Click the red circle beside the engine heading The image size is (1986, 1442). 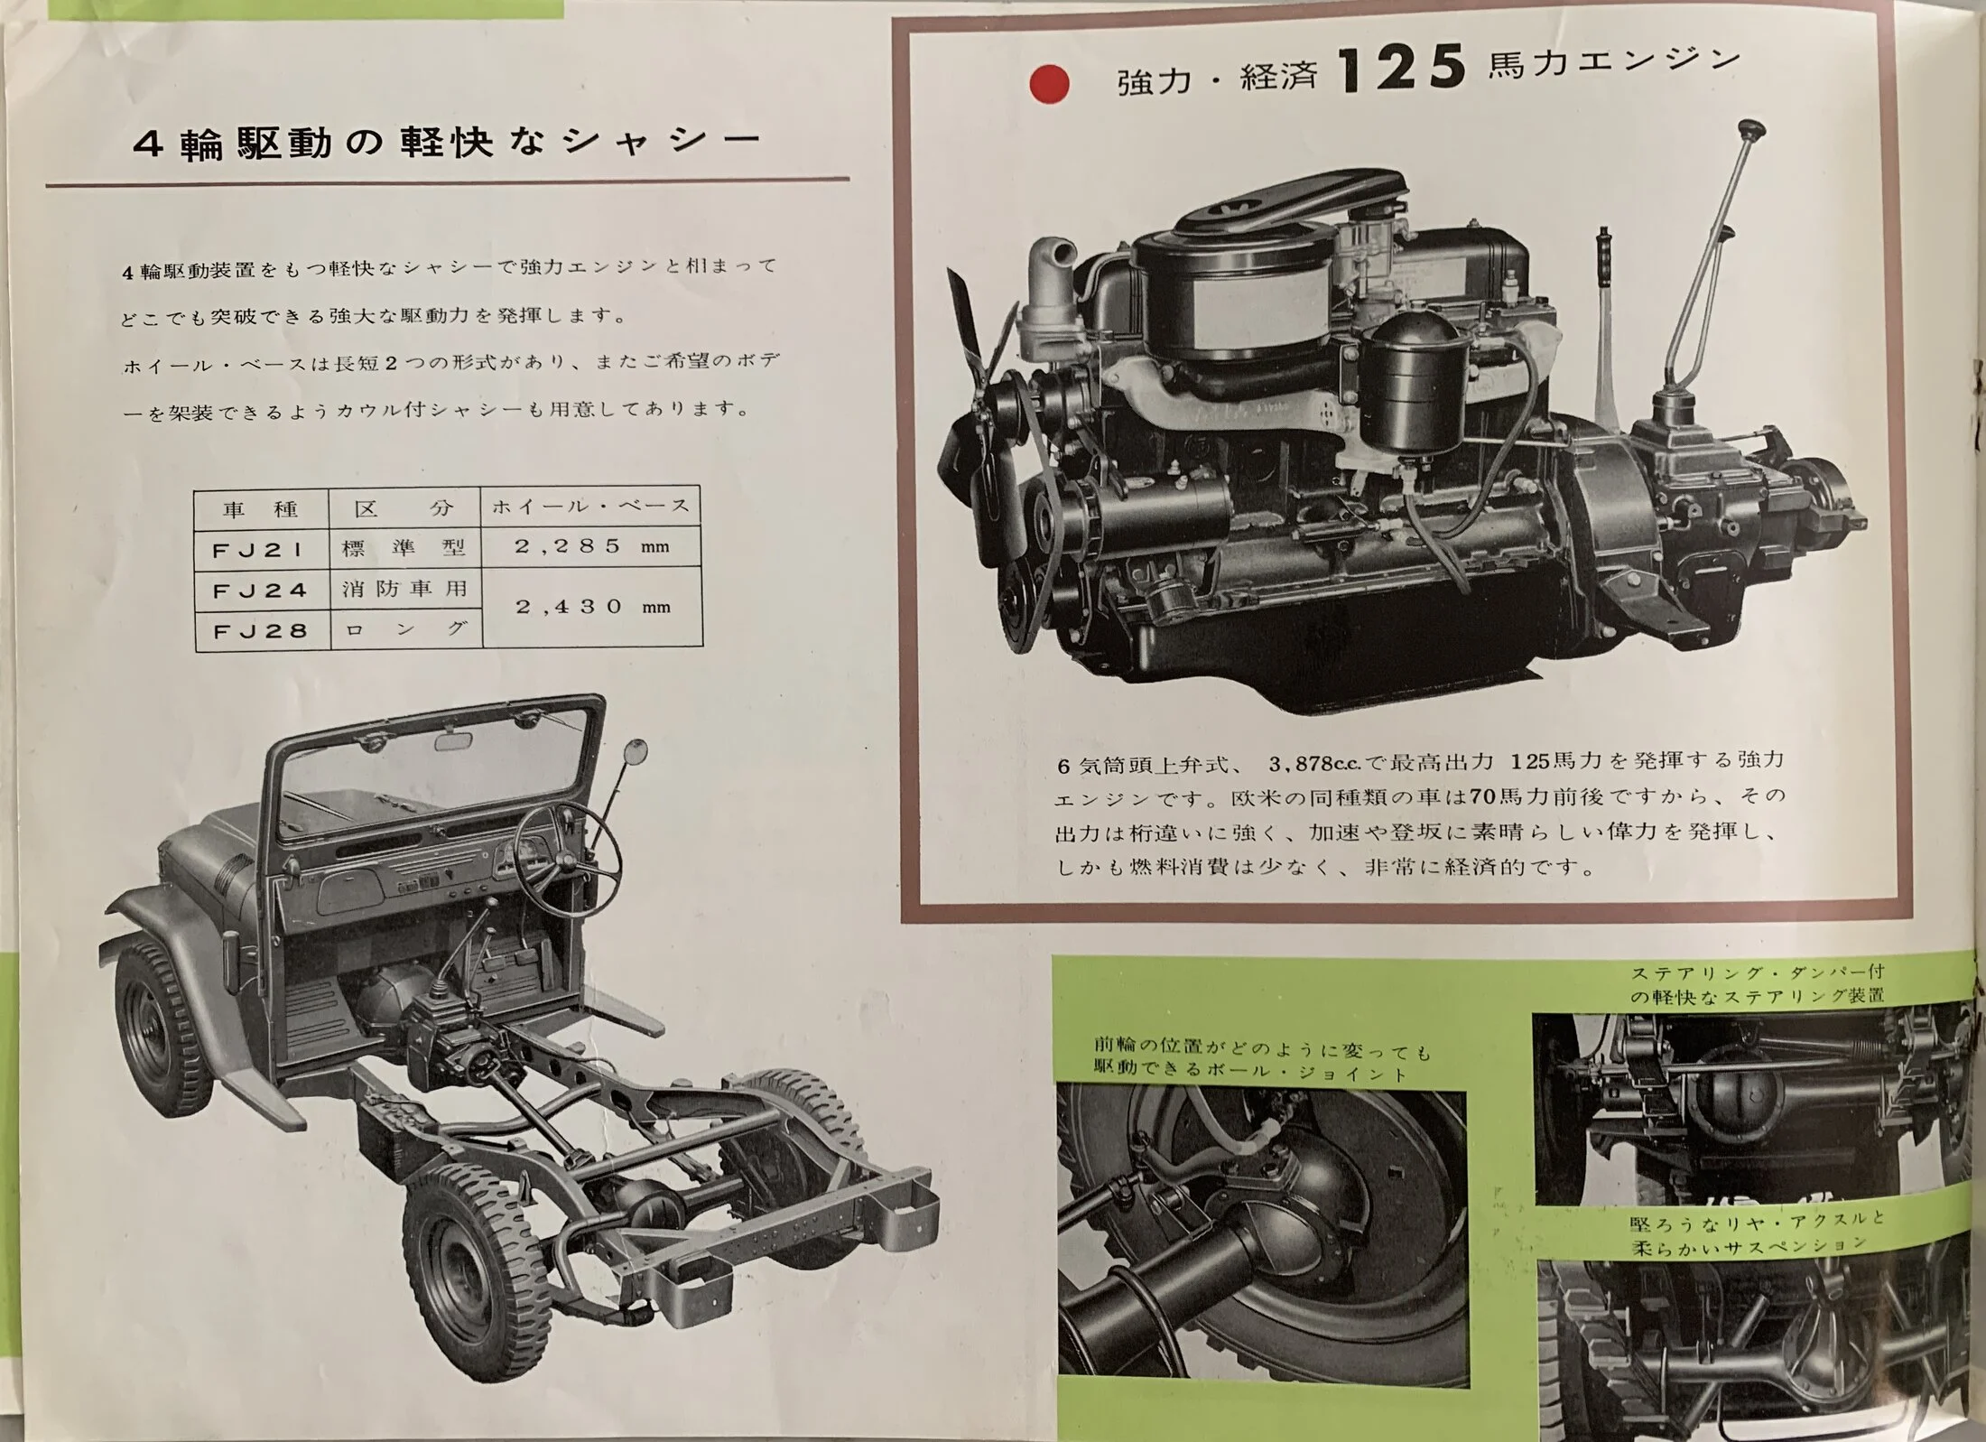[x=1049, y=85]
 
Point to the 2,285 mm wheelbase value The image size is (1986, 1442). [x=592, y=545]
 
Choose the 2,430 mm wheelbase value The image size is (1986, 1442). [x=592, y=606]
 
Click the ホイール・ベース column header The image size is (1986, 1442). [x=591, y=507]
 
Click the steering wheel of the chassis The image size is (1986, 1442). [x=568, y=844]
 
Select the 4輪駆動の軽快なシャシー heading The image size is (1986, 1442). [x=447, y=143]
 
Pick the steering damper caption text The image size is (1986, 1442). [x=1757, y=985]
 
